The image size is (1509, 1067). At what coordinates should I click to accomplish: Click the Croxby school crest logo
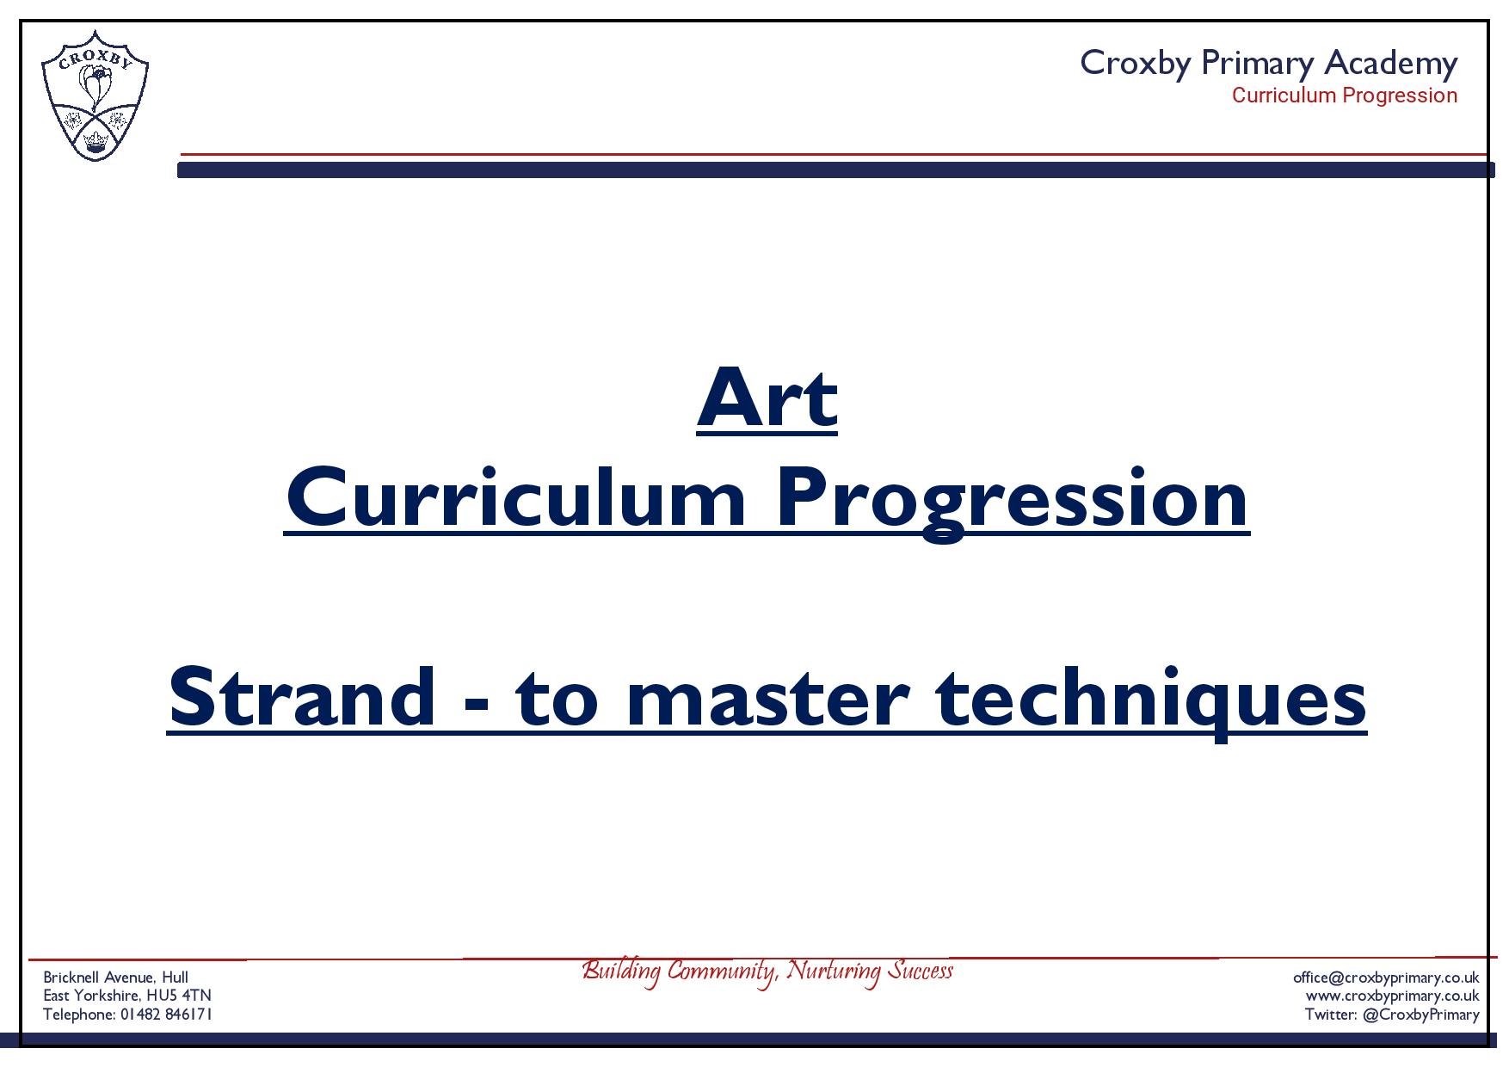pos(95,96)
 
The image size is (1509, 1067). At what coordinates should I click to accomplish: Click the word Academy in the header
pos(1390,65)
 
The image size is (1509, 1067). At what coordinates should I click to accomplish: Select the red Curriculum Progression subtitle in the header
pos(1345,96)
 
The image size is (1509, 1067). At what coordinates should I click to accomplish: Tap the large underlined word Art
pos(767,398)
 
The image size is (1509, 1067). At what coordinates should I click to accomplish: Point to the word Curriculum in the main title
pos(515,498)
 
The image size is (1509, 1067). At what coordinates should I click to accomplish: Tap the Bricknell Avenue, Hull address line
pos(116,978)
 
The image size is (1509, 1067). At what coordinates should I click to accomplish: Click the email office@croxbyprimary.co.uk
pos(1386,978)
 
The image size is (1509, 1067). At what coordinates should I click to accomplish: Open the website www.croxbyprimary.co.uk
pos(1392,996)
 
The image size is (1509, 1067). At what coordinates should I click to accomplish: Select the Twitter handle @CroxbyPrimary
pos(1421,1015)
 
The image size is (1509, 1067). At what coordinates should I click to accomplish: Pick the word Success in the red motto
pos(921,971)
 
